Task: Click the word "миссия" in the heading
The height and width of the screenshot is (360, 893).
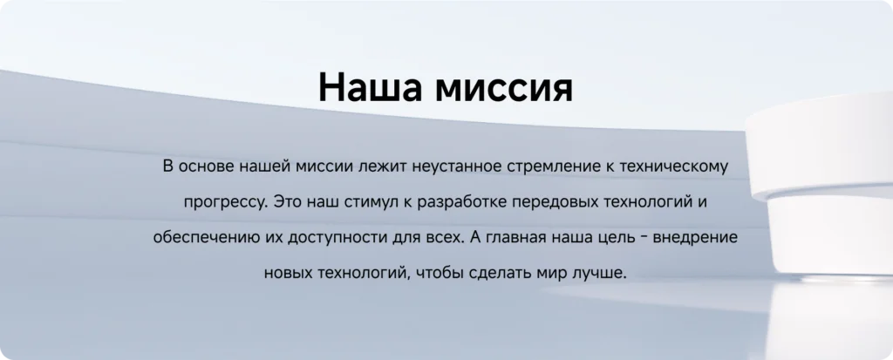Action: [503, 88]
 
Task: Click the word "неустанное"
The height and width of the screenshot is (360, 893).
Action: [455, 167]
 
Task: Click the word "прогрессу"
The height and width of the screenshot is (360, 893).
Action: [224, 203]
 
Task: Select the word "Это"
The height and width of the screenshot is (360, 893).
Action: [286, 202]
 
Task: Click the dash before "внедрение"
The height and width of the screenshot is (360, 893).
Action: [641, 238]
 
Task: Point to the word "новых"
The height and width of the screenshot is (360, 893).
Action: [286, 274]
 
